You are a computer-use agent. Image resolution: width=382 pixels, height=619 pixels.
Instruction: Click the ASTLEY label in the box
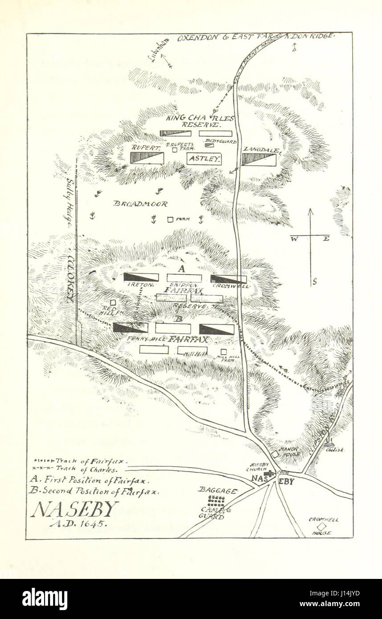pos(204,159)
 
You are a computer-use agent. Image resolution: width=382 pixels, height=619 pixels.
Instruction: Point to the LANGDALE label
pos(261,150)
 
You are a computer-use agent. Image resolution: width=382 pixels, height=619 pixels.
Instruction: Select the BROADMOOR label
pos(140,204)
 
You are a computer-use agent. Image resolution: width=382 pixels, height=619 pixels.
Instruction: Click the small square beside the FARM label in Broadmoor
pos(169,219)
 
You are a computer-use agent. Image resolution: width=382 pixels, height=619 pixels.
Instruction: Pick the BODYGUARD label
pos(221,141)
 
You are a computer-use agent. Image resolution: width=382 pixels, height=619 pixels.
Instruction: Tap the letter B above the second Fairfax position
pos(178,319)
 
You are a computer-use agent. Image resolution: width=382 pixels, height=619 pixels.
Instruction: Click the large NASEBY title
pos(74,509)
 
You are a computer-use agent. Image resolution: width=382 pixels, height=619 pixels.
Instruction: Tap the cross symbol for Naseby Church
pos(268,474)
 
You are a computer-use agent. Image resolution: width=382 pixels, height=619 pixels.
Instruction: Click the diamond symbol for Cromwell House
pos(321,526)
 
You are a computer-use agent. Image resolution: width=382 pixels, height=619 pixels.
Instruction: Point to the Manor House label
pos(289,452)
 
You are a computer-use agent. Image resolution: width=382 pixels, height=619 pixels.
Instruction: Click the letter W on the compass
pos(295,239)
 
